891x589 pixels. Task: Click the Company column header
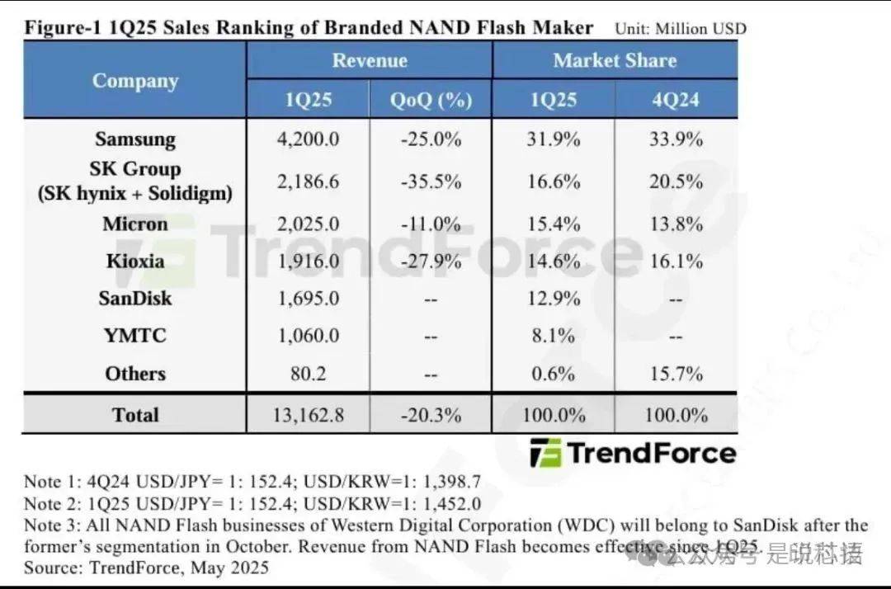[x=135, y=80]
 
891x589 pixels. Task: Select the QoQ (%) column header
[x=431, y=100]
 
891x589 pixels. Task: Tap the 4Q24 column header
[x=675, y=100]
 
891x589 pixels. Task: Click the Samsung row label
[x=135, y=139]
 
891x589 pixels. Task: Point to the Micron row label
[x=135, y=224]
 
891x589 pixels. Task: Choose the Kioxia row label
[x=135, y=262]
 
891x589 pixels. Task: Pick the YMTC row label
[x=135, y=336]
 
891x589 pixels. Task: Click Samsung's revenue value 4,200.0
[x=308, y=139]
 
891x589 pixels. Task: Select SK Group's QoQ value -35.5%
[x=431, y=181]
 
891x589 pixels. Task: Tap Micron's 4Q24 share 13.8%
[x=675, y=224]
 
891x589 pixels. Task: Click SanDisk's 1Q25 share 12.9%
[x=553, y=298]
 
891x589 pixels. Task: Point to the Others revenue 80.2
[x=308, y=374]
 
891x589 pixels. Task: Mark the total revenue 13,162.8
[x=308, y=415]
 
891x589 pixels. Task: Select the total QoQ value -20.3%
[x=431, y=415]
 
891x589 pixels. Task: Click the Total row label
[x=135, y=415]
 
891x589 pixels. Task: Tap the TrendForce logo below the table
[x=632, y=453]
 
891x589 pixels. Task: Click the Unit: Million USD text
[x=681, y=29]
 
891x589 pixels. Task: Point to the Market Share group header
[x=615, y=60]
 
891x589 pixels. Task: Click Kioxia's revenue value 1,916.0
[x=308, y=262]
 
